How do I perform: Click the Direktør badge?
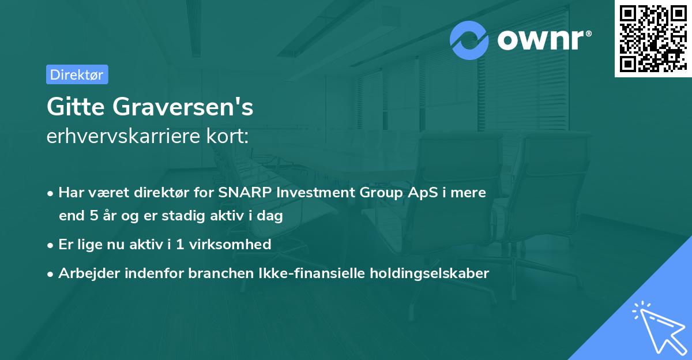point(77,74)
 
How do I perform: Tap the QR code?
point(653,39)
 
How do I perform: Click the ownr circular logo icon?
point(470,40)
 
